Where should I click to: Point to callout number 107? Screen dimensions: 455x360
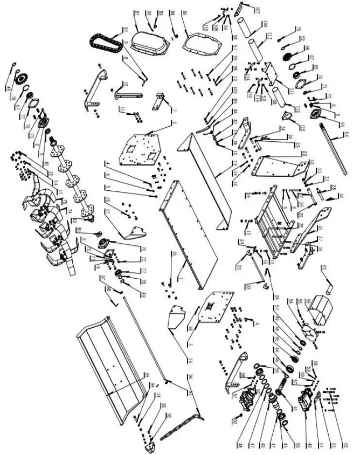pos(257,11)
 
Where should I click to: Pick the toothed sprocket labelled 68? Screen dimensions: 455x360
pos(287,54)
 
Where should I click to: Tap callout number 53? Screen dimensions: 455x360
pos(324,267)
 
